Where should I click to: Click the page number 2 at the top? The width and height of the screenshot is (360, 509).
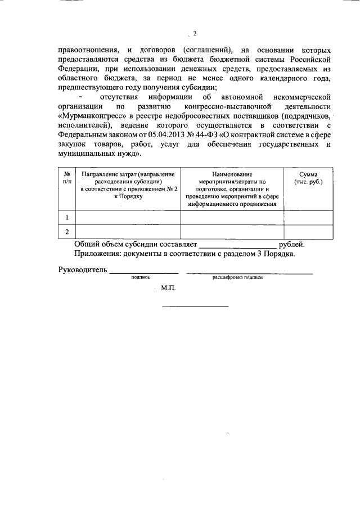coord(195,33)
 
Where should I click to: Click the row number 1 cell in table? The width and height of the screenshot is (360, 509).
coord(67,217)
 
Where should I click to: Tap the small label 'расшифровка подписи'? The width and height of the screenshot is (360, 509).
coord(237,277)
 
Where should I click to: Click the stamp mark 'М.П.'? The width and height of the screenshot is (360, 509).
coord(168,288)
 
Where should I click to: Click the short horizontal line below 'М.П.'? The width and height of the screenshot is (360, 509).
coord(195,306)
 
